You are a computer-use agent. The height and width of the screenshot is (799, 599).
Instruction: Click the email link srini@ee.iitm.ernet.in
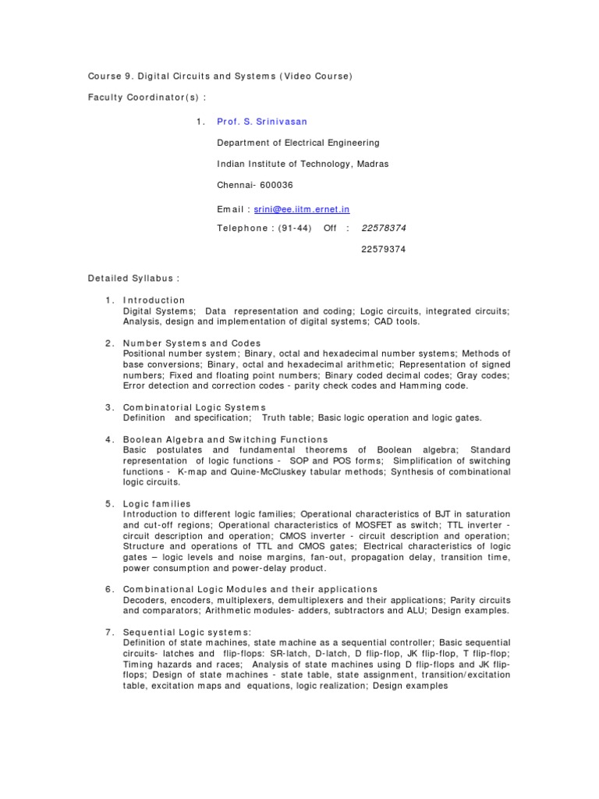pos(302,209)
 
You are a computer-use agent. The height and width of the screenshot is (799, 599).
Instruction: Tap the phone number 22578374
pos(384,228)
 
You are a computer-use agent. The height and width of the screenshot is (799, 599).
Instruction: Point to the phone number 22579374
pos(384,249)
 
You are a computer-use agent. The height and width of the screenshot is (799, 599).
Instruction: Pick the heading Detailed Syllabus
pos(133,278)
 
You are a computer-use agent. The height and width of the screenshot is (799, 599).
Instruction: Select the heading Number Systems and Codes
pos(192,343)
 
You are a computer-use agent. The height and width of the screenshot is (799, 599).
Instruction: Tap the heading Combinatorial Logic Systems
pos(194,407)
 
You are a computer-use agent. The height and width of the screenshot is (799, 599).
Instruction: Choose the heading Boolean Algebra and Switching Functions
pos(225,439)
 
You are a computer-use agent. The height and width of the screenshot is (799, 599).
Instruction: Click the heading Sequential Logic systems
pos(187,631)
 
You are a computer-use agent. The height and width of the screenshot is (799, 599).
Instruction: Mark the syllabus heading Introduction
pos(154,300)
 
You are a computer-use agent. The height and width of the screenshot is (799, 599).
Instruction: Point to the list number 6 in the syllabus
pos(108,589)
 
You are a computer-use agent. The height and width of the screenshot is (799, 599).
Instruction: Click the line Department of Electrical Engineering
pos(298,143)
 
